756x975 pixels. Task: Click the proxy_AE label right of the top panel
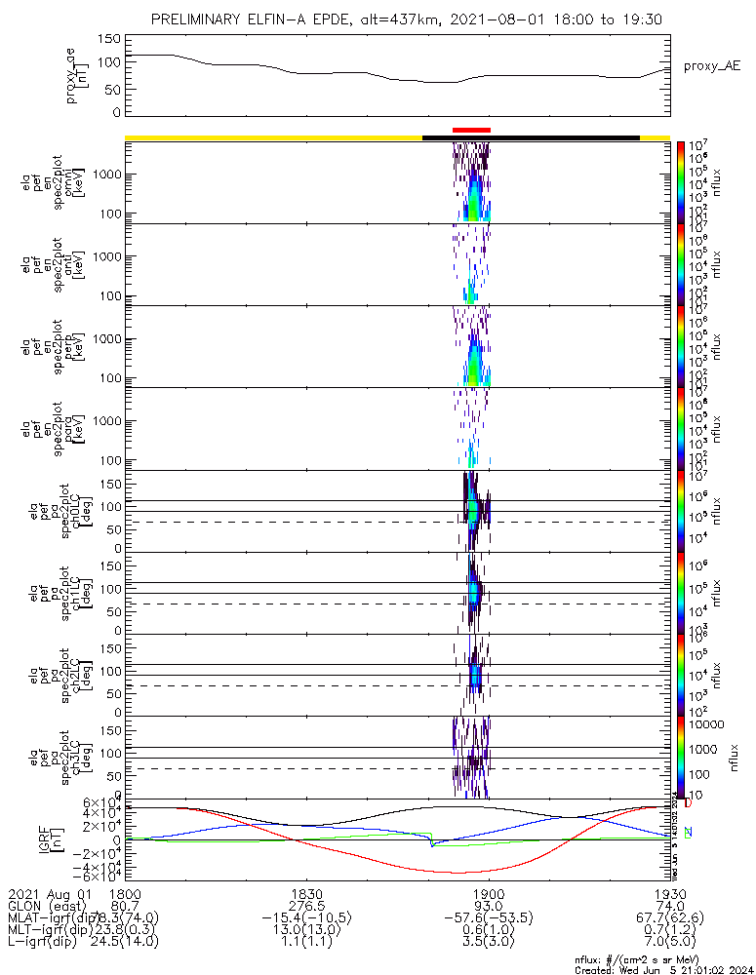pos(713,66)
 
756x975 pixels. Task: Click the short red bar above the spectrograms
pos(471,130)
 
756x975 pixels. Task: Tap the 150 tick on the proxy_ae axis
pos(110,39)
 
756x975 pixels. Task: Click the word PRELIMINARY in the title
pos(200,19)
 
